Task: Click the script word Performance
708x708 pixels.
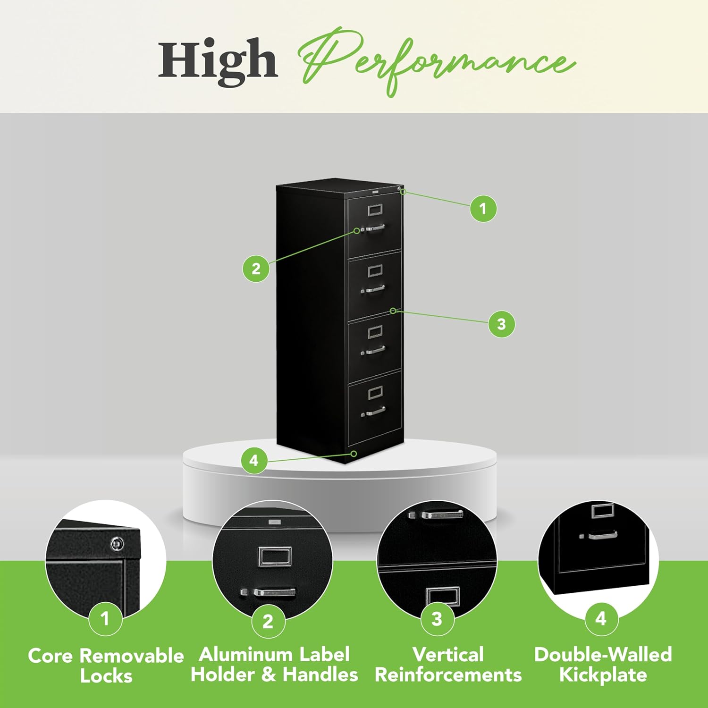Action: coord(437,61)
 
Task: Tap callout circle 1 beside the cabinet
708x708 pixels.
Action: coord(483,208)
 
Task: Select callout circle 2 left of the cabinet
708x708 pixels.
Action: coord(256,269)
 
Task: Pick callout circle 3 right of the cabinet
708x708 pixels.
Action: coord(501,324)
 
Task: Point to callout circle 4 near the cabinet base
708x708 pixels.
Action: coord(254,460)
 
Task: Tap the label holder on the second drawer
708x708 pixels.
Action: coord(375,270)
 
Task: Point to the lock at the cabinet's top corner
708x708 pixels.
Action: coord(401,190)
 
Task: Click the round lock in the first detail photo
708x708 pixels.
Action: coord(117,544)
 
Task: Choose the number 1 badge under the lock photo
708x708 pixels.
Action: coord(105,618)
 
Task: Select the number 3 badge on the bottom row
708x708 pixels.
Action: coord(437,618)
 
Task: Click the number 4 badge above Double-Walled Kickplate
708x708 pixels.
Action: coord(601,618)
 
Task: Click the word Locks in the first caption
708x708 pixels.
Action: coord(106,676)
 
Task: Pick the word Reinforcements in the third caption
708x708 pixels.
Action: coord(448,675)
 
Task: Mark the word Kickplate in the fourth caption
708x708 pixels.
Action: coord(603,675)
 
